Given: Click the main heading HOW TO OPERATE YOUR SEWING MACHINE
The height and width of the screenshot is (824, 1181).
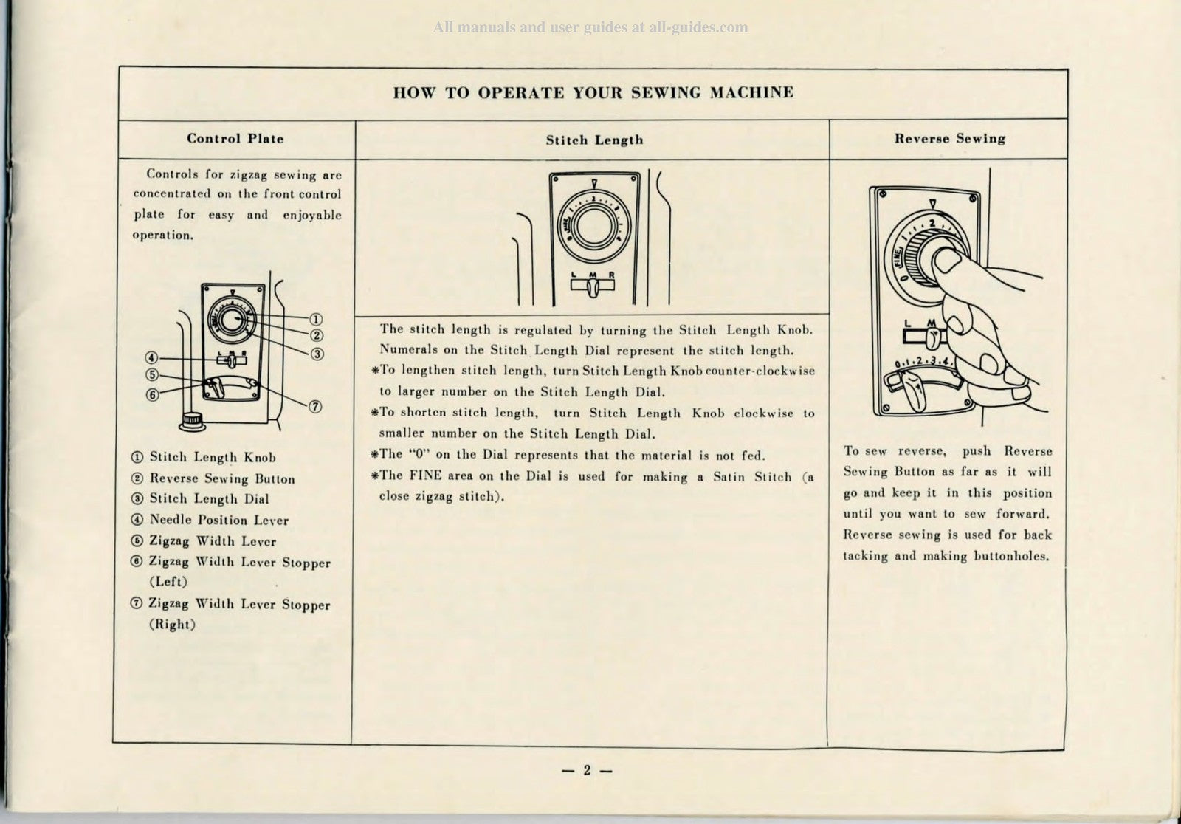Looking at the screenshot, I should (x=593, y=93).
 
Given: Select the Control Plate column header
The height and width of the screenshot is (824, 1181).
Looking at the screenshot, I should (x=235, y=139).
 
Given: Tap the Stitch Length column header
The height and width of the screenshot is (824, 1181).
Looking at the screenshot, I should (x=594, y=140).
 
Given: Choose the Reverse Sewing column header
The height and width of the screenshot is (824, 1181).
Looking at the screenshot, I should (x=949, y=139).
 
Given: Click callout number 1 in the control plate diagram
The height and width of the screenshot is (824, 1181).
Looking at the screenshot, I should (x=316, y=320).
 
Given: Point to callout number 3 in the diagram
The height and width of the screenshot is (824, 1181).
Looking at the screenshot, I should (x=317, y=354).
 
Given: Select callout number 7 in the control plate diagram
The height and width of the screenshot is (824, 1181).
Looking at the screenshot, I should (x=314, y=407).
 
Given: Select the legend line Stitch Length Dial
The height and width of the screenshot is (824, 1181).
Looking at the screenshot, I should (x=209, y=500).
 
